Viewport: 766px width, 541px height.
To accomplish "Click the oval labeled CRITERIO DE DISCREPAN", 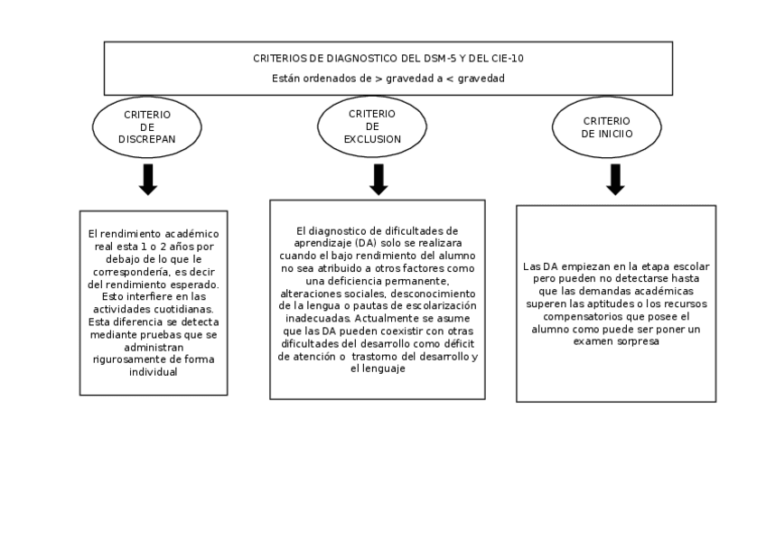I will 147,127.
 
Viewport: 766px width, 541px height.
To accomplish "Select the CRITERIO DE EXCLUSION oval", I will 371,126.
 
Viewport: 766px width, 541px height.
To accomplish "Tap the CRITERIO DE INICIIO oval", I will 607,127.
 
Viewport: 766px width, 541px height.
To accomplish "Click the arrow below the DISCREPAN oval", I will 148,180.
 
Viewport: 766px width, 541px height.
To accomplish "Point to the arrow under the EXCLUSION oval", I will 378,179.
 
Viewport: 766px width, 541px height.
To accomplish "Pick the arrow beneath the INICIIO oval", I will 615,179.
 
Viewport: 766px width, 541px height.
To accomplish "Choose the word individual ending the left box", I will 154,372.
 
